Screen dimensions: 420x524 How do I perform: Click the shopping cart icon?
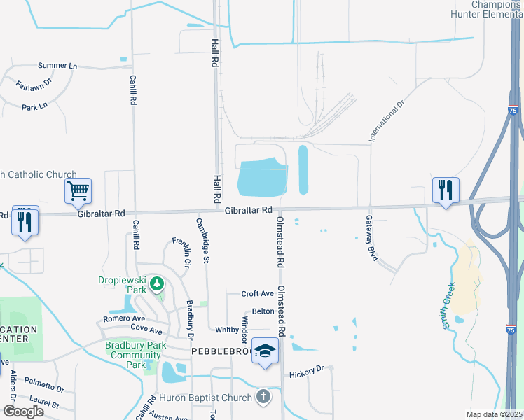pos(78,190)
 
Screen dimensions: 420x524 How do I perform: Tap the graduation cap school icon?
pos(265,352)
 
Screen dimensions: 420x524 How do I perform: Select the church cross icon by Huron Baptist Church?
pos(263,398)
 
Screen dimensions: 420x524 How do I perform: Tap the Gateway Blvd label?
pos(371,238)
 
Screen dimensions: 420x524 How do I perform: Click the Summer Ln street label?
pos(57,66)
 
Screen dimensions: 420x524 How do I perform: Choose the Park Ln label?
pos(34,106)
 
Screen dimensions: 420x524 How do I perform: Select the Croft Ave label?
pos(257,294)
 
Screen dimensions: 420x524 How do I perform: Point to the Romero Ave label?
pos(122,318)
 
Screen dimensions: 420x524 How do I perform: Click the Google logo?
pos(23,411)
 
